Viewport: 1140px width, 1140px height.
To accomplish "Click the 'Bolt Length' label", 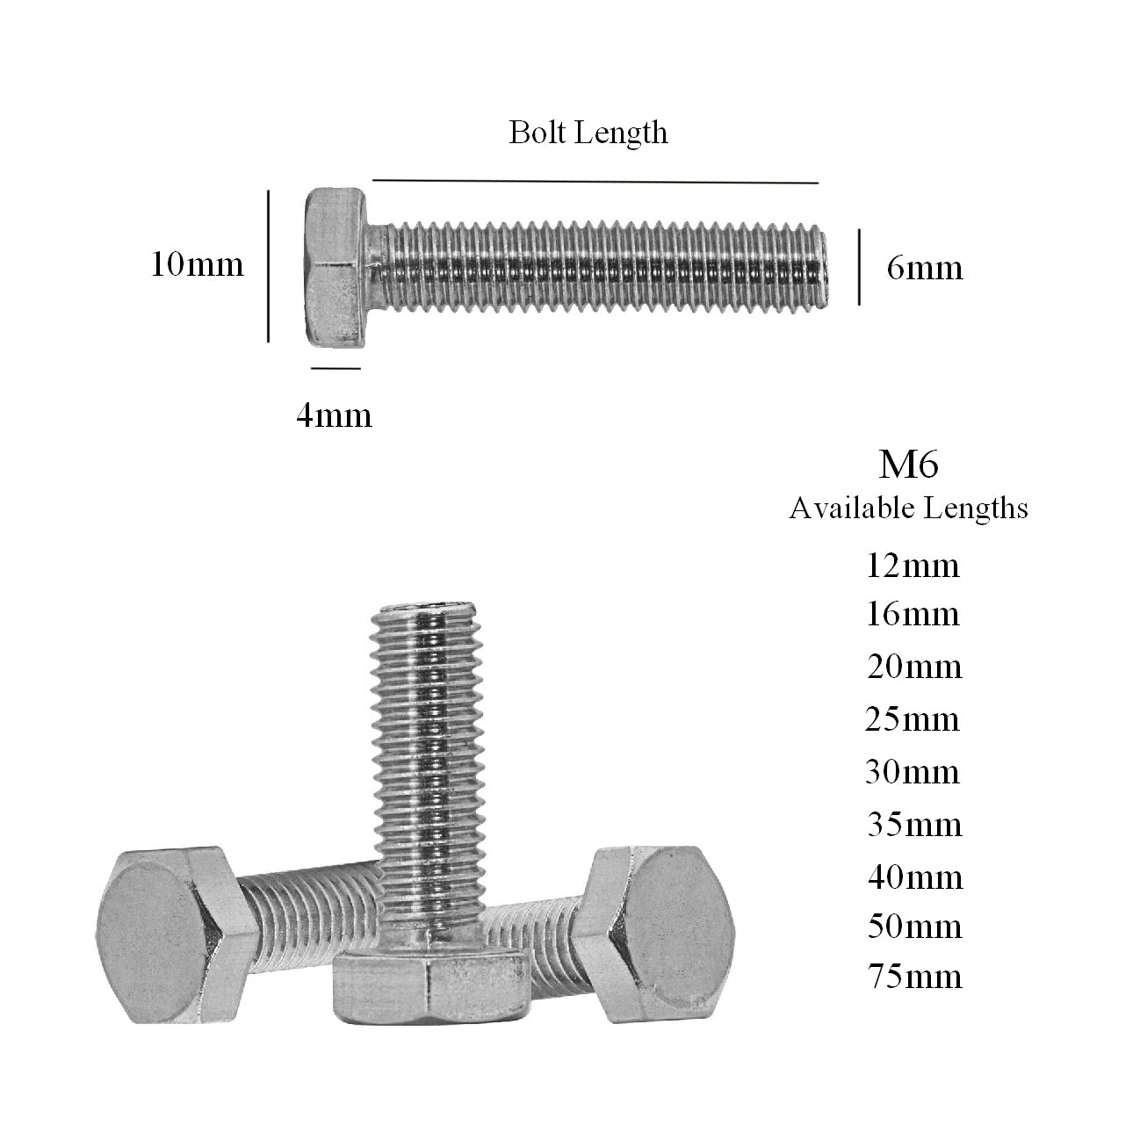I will click(588, 133).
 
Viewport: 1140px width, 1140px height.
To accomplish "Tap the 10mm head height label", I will click(197, 263).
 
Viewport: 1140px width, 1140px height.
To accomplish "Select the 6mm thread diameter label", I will click(924, 267).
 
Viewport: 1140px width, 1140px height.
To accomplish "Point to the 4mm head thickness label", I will click(334, 415).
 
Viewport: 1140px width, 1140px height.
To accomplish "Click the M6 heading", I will click(908, 465).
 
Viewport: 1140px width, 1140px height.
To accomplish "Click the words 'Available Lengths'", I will click(908, 508).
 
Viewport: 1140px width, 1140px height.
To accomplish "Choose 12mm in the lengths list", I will click(913, 565).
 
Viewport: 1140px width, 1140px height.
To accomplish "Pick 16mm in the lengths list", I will click(913, 613).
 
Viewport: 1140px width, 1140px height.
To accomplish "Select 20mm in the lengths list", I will click(913, 667).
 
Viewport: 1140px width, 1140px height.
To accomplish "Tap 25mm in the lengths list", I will click(912, 719).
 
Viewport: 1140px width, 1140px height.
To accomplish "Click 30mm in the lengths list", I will click(913, 772).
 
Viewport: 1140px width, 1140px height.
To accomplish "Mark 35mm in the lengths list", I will click(913, 824).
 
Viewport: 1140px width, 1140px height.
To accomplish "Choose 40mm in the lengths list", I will click(913, 877).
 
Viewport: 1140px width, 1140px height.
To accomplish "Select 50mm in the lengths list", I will click(913, 926).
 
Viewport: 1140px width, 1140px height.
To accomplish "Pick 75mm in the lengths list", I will click(913, 976).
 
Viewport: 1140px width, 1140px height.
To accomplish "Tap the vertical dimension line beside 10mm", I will click(268, 265).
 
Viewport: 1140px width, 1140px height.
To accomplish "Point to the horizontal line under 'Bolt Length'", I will click(595, 182).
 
